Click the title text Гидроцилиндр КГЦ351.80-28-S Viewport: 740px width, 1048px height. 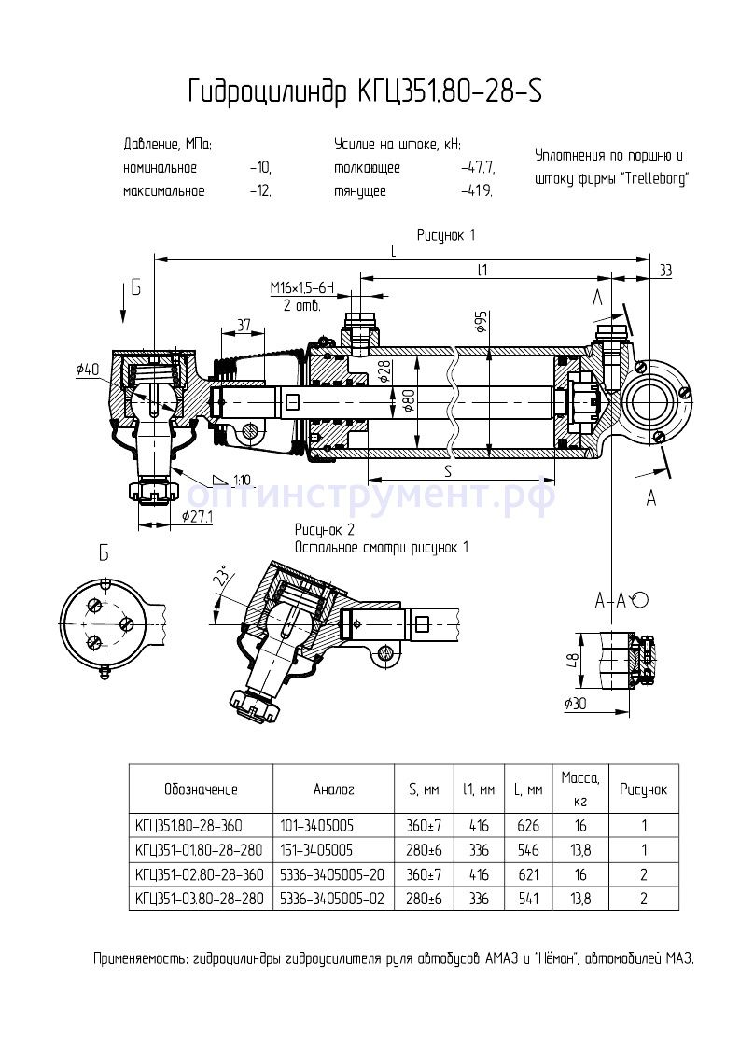tap(364, 91)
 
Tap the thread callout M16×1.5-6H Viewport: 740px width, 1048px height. tap(301, 287)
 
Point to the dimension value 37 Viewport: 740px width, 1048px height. tap(244, 325)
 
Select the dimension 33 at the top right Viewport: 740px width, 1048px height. tap(665, 271)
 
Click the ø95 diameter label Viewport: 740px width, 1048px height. tap(482, 323)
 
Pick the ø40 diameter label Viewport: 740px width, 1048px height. tap(88, 370)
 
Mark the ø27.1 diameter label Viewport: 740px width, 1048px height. tap(198, 516)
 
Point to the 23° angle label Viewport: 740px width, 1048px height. tap(221, 580)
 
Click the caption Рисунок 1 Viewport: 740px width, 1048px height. tap(446, 234)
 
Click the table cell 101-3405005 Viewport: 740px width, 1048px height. tap(316, 825)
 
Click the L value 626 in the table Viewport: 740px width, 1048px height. tap(527, 825)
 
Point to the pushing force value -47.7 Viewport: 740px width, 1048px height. tap(478, 169)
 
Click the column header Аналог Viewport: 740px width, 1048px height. tap(333, 789)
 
